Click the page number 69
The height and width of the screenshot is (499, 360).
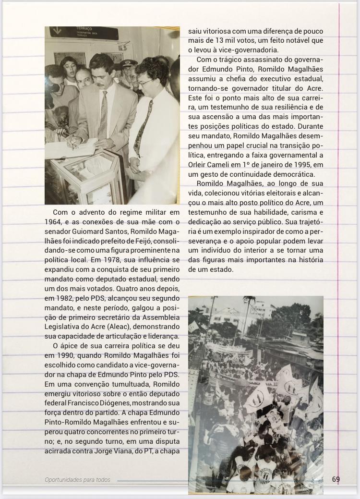tap(336, 479)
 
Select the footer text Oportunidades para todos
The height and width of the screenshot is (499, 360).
tap(77, 480)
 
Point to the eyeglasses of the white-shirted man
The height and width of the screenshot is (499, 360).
tap(146, 83)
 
